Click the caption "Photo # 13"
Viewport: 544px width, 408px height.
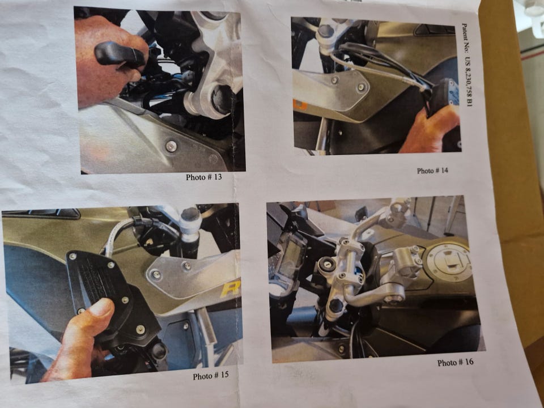[x=203, y=177]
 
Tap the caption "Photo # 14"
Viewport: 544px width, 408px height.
[x=432, y=171]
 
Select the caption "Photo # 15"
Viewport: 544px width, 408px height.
[x=211, y=376]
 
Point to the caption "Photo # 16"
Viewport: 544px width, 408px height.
[x=455, y=363]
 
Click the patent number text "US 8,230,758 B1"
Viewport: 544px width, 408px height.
[x=469, y=82]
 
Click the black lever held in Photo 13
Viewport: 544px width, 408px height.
[x=120, y=54]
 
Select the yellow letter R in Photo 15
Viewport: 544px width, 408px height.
[x=231, y=289]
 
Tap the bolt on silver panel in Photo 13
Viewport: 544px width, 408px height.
[x=171, y=146]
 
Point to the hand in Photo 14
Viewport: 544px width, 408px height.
[x=430, y=131]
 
